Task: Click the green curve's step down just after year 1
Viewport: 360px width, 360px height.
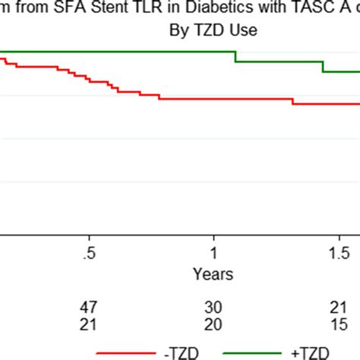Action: [x=235, y=57]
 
